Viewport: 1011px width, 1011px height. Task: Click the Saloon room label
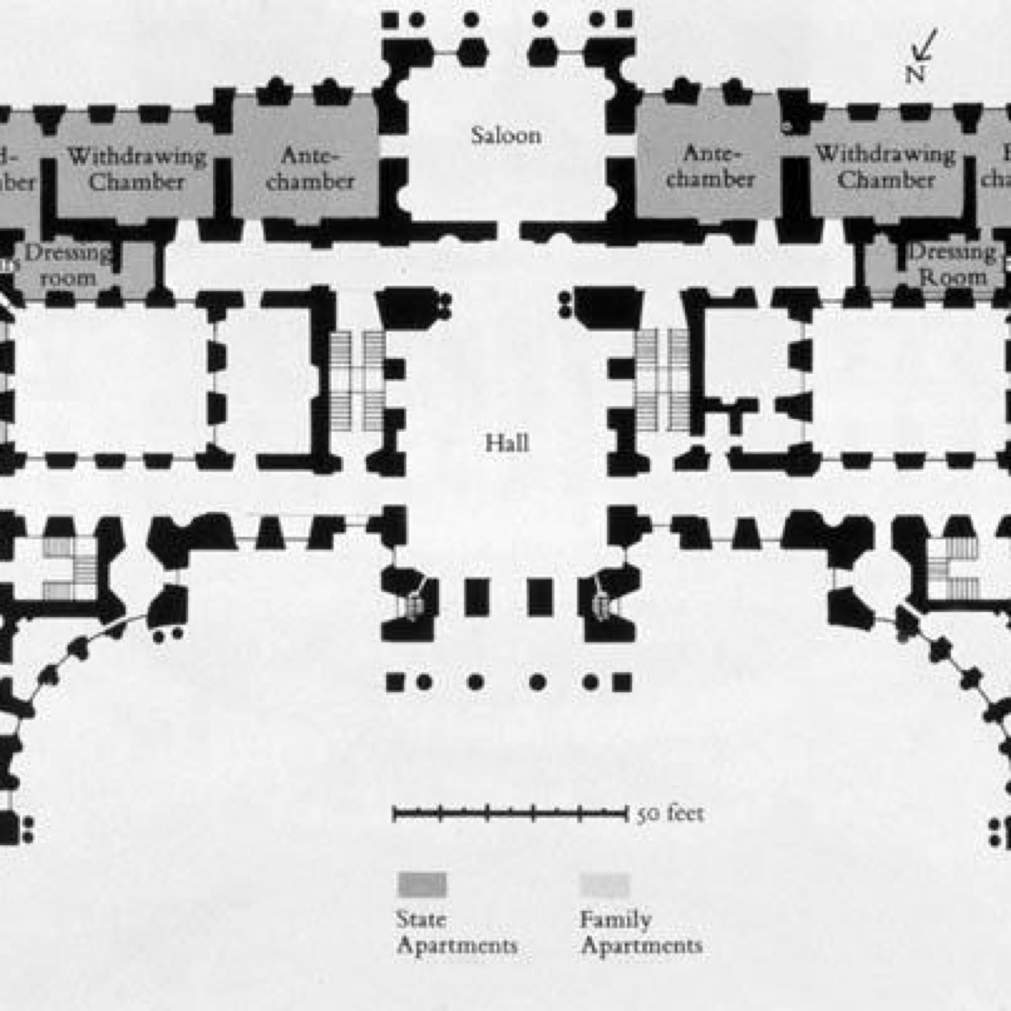[x=505, y=136]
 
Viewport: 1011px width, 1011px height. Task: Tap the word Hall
[x=506, y=443]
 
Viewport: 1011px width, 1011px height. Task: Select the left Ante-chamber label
[x=310, y=168]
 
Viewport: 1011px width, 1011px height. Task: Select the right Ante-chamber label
[x=710, y=167]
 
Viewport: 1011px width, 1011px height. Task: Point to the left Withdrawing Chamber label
[x=136, y=169]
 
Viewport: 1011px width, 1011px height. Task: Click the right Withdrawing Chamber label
[x=885, y=167]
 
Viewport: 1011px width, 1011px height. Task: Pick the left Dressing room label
[x=68, y=265]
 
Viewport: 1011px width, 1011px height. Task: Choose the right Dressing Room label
[x=952, y=264]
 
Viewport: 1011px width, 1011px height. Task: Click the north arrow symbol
[x=925, y=45]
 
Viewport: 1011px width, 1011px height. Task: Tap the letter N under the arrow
[x=915, y=74]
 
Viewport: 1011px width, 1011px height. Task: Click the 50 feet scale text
[x=670, y=814]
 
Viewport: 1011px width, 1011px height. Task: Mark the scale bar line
[x=509, y=814]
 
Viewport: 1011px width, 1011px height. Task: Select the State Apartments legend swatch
[x=422, y=884]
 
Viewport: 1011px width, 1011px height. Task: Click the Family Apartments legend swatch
[x=605, y=884]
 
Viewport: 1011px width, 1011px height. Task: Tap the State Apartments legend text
[x=456, y=933]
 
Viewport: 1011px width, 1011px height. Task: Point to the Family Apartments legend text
[x=640, y=933]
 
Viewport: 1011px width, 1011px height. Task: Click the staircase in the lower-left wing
[x=72, y=568]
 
